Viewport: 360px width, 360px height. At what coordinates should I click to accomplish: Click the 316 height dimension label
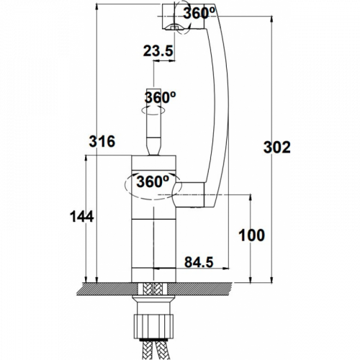pyautogui.click(x=102, y=141)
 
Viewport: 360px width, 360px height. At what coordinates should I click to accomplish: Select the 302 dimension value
pyautogui.click(x=277, y=148)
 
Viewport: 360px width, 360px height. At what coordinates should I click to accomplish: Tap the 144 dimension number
pyautogui.click(x=81, y=217)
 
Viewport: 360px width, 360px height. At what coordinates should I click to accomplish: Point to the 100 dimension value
pyautogui.click(x=252, y=235)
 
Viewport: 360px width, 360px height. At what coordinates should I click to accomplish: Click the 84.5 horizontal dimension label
pyautogui.click(x=199, y=262)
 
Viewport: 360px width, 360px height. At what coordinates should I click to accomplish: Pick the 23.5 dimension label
pyautogui.click(x=158, y=51)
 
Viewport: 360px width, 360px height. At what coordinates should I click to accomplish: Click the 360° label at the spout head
pyautogui.click(x=199, y=13)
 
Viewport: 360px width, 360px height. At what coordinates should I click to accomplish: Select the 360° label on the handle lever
pyautogui.click(x=160, y=97)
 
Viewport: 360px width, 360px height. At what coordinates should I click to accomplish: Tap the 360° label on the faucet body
pyautogui.click(x=153, y=181)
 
